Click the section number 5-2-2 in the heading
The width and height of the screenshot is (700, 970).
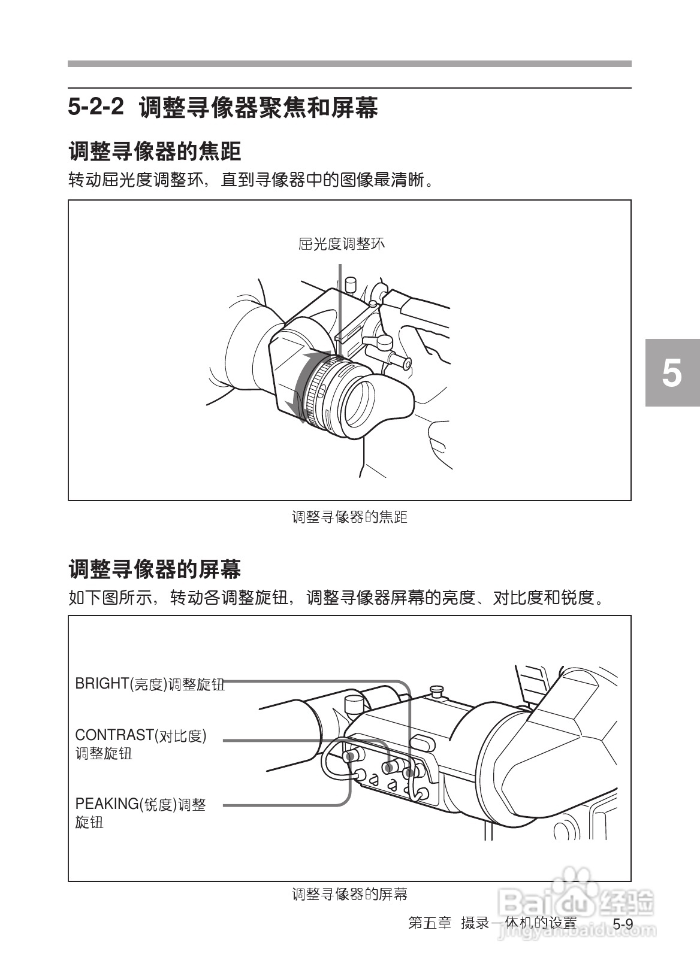point(96,108)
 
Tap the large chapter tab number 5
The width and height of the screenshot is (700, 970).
point(672,373)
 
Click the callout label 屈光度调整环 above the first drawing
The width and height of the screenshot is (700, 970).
point(342,244)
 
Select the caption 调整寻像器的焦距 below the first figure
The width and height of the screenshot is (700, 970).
point(349,517)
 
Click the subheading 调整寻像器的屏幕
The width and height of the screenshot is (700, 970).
point(155,569)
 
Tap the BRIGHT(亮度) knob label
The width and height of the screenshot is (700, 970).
point(150,684)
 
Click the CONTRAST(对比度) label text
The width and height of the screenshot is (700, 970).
point(141,735)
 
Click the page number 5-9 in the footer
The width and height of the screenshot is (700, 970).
point(623,924)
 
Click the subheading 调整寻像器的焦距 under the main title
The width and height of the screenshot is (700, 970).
point(155,151)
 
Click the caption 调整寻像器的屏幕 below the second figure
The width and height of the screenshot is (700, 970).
point(349,894)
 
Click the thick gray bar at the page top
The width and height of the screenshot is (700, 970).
point(349,63)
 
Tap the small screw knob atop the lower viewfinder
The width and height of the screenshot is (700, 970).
point(436,692)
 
